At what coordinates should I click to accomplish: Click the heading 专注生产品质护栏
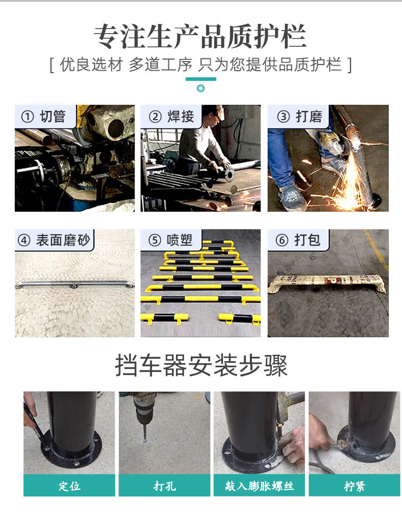tap(200, 36)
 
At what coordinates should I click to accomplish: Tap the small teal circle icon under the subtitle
tap(200, 88)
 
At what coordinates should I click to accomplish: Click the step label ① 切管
tap(43, 116)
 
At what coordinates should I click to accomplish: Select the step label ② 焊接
tap(171, 116)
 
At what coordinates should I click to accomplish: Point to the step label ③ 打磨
tap(299, 116)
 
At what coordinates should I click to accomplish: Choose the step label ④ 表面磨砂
tap(54, 240)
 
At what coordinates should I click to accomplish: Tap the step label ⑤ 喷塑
tap(170, 240)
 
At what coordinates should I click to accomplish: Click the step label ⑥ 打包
tap(298, 240)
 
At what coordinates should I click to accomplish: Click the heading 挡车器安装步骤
tap(201, 365)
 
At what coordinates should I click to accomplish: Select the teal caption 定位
tap(69, 486)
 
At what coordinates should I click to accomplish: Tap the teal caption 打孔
tap(164, 486)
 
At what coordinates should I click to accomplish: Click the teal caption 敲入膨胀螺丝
tap(259, 486)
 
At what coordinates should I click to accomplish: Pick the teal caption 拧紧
tap(354, 486)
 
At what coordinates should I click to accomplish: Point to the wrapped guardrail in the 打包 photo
tap(327, 283)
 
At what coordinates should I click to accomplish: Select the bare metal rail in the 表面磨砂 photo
tap(74, 284)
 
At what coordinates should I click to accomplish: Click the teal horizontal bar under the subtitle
tap(200, 79)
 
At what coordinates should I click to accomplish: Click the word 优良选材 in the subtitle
tap(91, 65)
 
